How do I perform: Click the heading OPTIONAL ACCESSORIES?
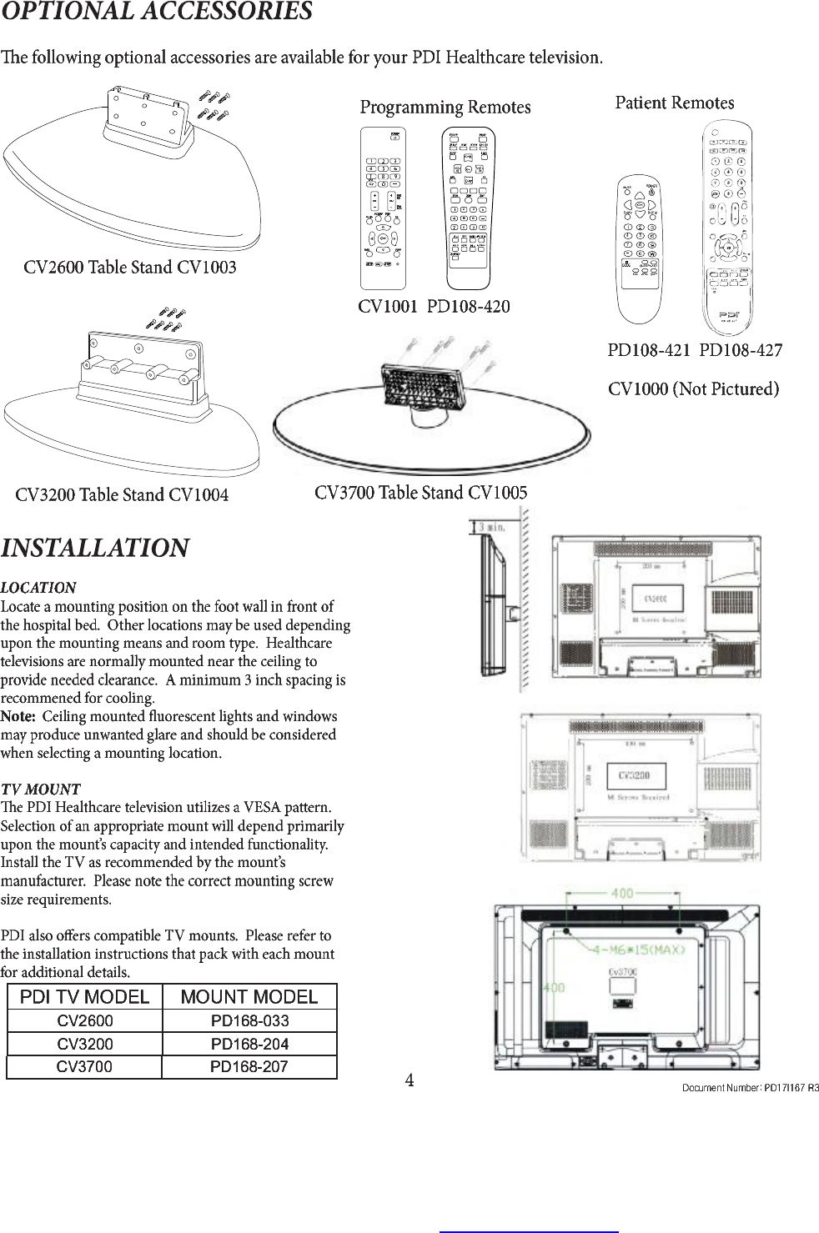(157, 13)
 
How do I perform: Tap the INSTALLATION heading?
(95, 549)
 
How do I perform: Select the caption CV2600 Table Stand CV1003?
(130, 268)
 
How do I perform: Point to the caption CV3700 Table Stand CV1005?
(420, 493)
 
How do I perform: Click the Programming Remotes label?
(445, 108)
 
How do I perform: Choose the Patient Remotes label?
(674, 103)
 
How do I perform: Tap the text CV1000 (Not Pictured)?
(693, 389)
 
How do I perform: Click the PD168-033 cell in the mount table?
(249, 1021)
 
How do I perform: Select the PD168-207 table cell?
(249, 1067)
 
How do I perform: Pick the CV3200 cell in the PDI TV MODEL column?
(85, 1044)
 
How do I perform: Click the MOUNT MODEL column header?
(249, 997)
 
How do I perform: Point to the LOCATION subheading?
(38, 588)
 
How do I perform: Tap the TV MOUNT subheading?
(41, 789)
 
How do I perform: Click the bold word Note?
(18, 717)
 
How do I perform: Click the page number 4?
(409, 1080)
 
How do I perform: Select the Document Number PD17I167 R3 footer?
(750, 1088)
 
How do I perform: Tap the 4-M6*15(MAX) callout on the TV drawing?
(639, 950)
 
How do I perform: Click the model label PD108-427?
(741, 350)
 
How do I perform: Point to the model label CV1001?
(387, 307)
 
